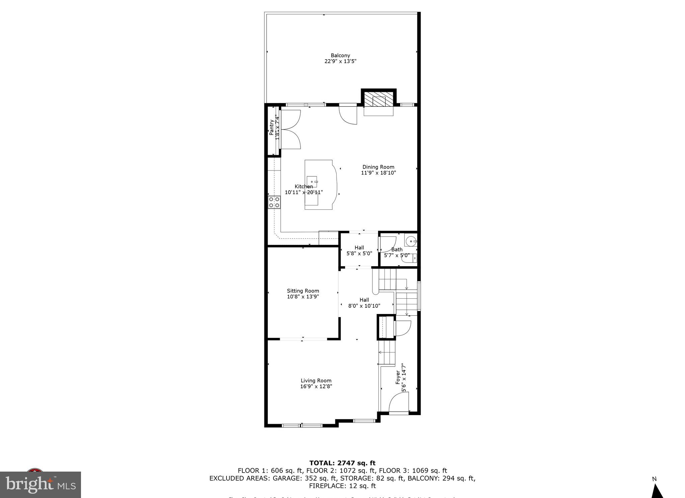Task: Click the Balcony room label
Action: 340,56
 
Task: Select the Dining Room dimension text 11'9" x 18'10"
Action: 378,173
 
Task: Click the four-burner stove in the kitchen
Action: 274,202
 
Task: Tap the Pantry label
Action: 271,127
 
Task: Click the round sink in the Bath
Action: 411,241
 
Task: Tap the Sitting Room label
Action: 303,291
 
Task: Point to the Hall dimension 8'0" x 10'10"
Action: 364,306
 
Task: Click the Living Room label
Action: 316,380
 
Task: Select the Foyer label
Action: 398,377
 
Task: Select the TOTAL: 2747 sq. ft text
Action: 342,463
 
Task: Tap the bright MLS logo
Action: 40,485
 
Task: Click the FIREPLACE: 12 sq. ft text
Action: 342,486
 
